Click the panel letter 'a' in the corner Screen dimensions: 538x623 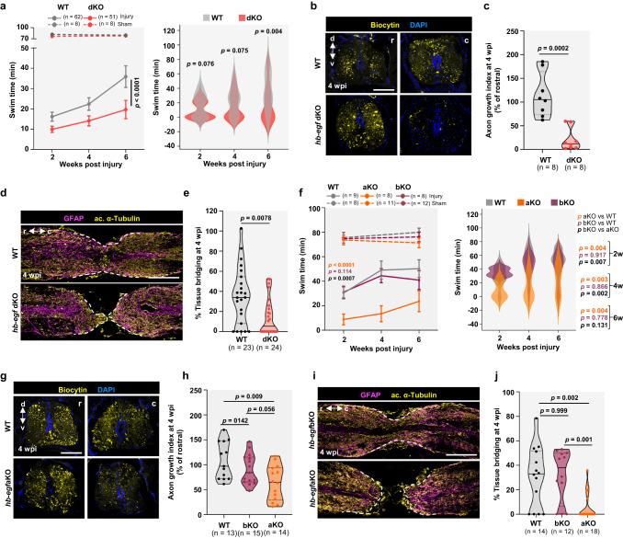tap(6, 7)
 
